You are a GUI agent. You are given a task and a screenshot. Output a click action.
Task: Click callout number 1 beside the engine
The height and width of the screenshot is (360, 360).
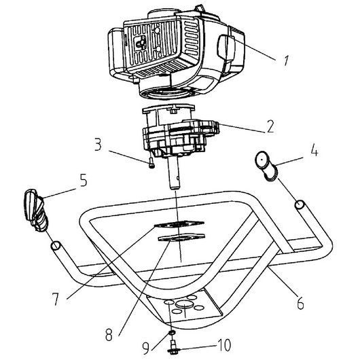286,60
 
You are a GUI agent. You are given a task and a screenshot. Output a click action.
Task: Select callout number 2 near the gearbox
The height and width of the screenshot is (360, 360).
270,127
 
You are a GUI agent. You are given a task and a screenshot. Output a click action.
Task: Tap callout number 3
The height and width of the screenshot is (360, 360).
98,145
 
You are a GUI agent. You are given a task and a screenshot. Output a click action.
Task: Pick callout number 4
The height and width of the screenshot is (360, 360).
314,150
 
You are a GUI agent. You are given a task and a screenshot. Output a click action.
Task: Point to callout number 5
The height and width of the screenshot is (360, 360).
83,180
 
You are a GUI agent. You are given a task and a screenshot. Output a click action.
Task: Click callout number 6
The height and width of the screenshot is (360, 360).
300,304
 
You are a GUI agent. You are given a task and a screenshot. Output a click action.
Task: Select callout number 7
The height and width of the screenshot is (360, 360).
55,299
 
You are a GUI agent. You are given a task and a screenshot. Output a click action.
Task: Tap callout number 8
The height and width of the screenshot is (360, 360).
109,334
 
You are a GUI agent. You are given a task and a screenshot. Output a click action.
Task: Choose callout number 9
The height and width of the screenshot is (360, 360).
146,348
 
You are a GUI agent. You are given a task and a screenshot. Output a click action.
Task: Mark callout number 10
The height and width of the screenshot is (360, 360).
223,344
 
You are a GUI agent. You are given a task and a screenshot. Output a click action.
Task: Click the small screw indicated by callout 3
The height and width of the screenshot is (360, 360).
151,164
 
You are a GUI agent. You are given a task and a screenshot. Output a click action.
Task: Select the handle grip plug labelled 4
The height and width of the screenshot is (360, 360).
266,166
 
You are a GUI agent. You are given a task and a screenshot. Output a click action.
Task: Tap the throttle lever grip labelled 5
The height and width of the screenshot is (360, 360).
35,210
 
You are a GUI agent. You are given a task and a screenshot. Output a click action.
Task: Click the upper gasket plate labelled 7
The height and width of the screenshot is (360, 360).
179,224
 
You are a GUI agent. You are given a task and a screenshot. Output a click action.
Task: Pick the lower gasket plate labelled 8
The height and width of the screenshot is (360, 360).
181,238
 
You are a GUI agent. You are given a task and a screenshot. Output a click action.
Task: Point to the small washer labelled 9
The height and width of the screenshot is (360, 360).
172,332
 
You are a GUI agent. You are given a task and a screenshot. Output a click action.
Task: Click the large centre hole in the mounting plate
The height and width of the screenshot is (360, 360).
184,305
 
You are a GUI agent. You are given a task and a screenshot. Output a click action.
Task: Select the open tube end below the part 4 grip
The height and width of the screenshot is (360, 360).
300,204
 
